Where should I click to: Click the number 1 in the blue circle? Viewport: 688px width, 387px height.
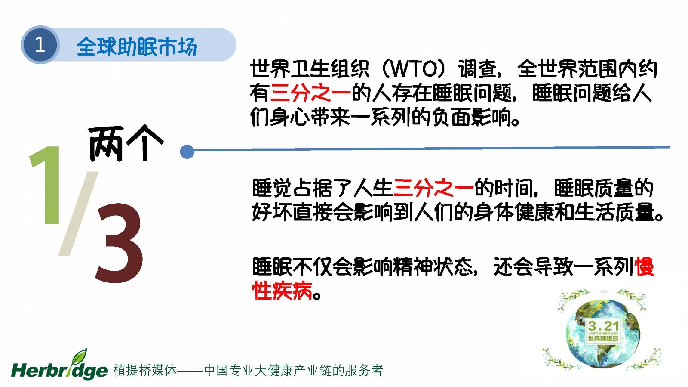(x=40, y=45)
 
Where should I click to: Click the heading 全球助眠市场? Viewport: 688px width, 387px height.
(x=136, y=47)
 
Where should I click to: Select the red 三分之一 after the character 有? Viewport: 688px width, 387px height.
(x=310, y=93)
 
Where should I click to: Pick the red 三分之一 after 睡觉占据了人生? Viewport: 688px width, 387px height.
(x=433, y=188)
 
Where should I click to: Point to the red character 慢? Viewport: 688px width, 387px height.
(x=645, y=266)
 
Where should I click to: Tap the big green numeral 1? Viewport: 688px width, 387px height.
(x=46, y=185)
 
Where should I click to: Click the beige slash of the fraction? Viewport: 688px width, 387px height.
(x=79, y=214)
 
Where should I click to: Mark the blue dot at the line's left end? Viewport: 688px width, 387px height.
(x=187, y=152)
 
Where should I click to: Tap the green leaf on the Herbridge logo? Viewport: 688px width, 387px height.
(x=80, y=356)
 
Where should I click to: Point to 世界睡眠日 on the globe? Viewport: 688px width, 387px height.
(x=603, y=338)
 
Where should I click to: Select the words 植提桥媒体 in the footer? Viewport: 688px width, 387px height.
(x=145, y=370)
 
